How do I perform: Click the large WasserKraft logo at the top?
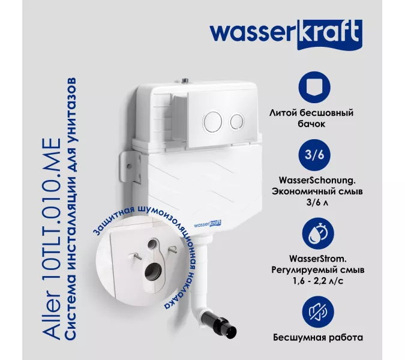286,35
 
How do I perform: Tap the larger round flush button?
213,121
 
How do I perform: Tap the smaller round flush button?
237,121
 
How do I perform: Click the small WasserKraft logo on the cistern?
208,224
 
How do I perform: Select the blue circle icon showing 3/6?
314,155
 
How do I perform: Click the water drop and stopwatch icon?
318,234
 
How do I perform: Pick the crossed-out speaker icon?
318,312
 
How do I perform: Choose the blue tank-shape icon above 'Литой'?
314,87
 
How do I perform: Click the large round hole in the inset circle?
152,272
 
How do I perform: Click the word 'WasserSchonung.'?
317,181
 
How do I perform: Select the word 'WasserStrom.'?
317,259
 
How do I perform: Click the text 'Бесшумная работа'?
318,338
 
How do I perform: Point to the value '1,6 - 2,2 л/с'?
318,281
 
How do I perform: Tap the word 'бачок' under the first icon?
311,124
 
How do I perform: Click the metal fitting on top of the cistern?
185,80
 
